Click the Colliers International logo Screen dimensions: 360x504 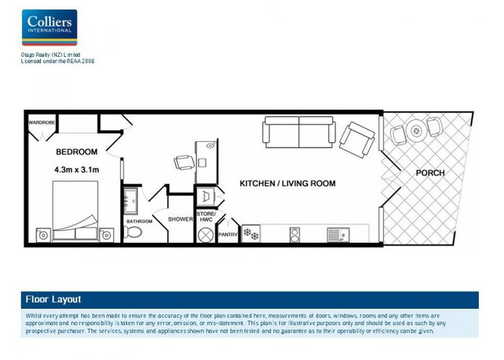tap(49, 27)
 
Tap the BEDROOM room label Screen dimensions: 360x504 tap(76, 152)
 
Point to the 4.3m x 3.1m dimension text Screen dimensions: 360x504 tap(76, 170)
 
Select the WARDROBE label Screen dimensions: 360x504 tap(41, 123)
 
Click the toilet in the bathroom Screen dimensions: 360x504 tap(133, 232)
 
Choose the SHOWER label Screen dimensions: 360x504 tap(180, 219)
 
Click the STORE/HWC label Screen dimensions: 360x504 tap(206, 216)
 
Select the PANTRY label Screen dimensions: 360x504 tap(228, 234)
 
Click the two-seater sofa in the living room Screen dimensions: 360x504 tap(299, 132)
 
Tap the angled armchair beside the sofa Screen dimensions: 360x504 tap(356, 139)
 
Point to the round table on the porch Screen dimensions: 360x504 tap(415, 131)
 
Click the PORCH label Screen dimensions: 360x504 tap(430, 173)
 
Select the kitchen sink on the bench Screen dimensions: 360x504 tap(337, 234)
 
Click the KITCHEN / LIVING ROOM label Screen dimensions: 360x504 tap(287, 184)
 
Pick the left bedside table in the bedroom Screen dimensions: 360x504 tap(43, 234)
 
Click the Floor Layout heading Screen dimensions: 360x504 tap(53, 300)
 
